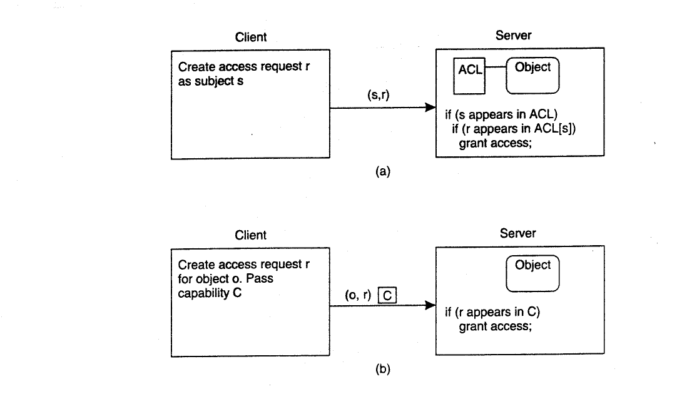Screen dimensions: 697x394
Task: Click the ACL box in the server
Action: (469, 76)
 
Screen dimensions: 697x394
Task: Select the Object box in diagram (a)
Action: (532, 76)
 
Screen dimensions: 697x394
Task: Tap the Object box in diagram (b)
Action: (532, 273)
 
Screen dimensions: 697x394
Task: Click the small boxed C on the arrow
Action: (387, 295)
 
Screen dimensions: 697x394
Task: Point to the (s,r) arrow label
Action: (379, 94)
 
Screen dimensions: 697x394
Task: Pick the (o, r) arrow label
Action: (358, 295)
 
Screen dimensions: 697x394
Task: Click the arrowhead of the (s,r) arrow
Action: (430, 108)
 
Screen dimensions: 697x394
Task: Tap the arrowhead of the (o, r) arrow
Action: (430, 305)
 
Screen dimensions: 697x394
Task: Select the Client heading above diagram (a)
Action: (251, 37)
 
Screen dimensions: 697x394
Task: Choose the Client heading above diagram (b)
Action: (251, 235)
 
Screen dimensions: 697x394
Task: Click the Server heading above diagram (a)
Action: (514, 36)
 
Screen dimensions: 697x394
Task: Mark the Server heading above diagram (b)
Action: (518, 233)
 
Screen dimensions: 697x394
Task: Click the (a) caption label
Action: (383, 171)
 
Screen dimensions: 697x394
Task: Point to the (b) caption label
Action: (383, 369)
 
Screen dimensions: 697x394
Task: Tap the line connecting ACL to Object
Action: (496, 67)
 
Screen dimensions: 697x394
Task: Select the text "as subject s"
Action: (211, 81)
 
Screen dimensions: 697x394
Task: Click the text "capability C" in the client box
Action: (210, 293)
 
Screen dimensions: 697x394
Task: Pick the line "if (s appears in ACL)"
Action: (501, 114)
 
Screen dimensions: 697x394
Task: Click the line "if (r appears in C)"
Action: (492, 312)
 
